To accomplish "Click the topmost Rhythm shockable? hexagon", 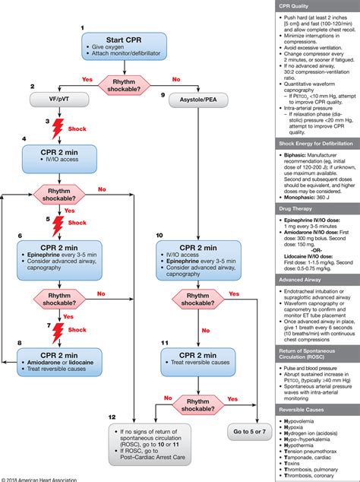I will [125, 78].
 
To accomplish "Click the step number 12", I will [112, 417].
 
